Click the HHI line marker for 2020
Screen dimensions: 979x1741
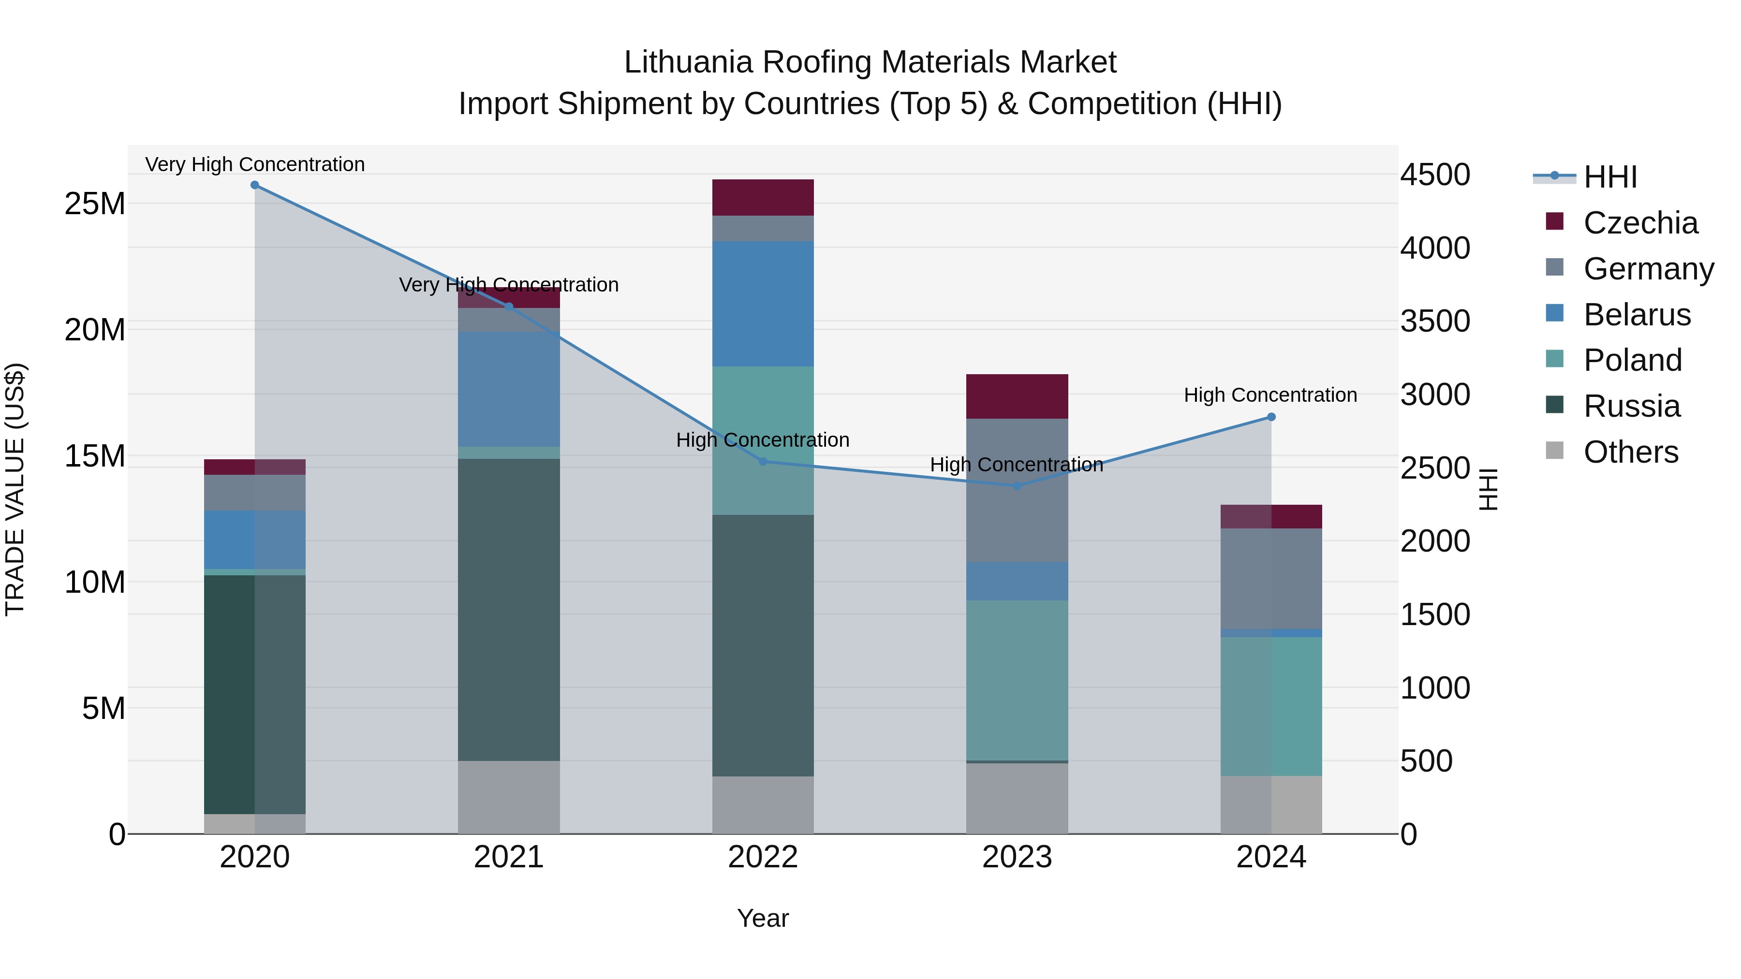tap(255, 185)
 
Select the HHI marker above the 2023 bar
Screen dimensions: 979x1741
tap(1017, 486)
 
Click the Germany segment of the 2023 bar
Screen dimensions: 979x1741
tap(1017, 490)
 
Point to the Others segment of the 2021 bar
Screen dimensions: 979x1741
tap(509, 797)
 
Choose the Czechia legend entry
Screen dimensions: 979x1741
tap(1639, 223)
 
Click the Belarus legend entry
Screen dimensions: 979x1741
tap(1636, 315)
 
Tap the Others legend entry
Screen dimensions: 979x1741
tap(1630, 452)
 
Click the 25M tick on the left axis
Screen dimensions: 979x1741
tap(95, 204)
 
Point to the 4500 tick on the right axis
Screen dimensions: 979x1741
tap(1435, 175)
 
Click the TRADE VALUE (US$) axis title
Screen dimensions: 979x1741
tap(15, 489)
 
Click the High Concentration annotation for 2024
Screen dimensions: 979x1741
tap(1270, 395)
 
